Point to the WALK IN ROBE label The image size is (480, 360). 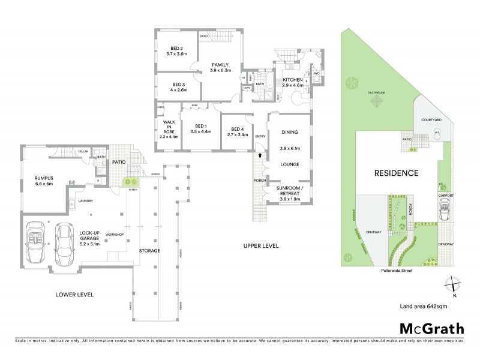(169, 129)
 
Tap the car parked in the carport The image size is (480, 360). (445, 211)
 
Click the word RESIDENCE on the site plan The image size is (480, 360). (396, 173)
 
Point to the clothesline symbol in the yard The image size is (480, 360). (377, 103)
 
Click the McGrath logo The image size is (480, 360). (431, 328)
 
